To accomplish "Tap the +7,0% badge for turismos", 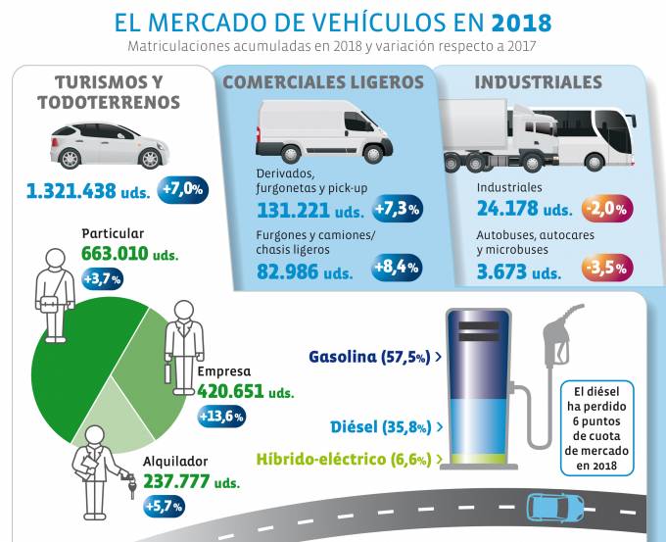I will [182, 188].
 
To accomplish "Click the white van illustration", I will [322, 132].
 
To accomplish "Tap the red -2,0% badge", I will [606, 209].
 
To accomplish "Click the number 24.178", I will [509, 209].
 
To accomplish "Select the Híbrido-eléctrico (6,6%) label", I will [349, 458].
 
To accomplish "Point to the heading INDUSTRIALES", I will [538, 82].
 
